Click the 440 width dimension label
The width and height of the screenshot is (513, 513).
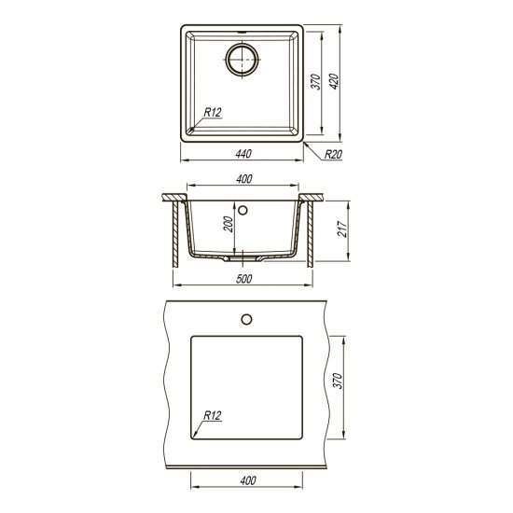click(243, 154)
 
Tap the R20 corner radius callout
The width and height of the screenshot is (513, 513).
click(333, 154)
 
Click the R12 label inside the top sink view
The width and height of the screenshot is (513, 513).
click(213, 112)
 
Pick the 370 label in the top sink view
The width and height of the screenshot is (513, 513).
click(315, 82)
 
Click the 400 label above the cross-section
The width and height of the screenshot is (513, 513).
click(244, 179)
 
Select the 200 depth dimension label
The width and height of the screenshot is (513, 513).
click(229, 224)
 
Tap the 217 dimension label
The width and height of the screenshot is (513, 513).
click(342, 229)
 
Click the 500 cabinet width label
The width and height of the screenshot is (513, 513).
click(244, 279)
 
